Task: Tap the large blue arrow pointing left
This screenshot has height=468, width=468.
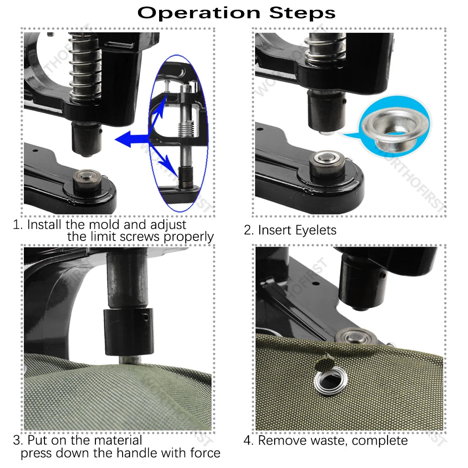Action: coord(129,139)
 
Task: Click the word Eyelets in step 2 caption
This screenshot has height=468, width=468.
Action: coord(316,230)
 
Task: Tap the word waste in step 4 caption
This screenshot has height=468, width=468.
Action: coord(325,440)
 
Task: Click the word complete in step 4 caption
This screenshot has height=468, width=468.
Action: coord(380,440)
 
